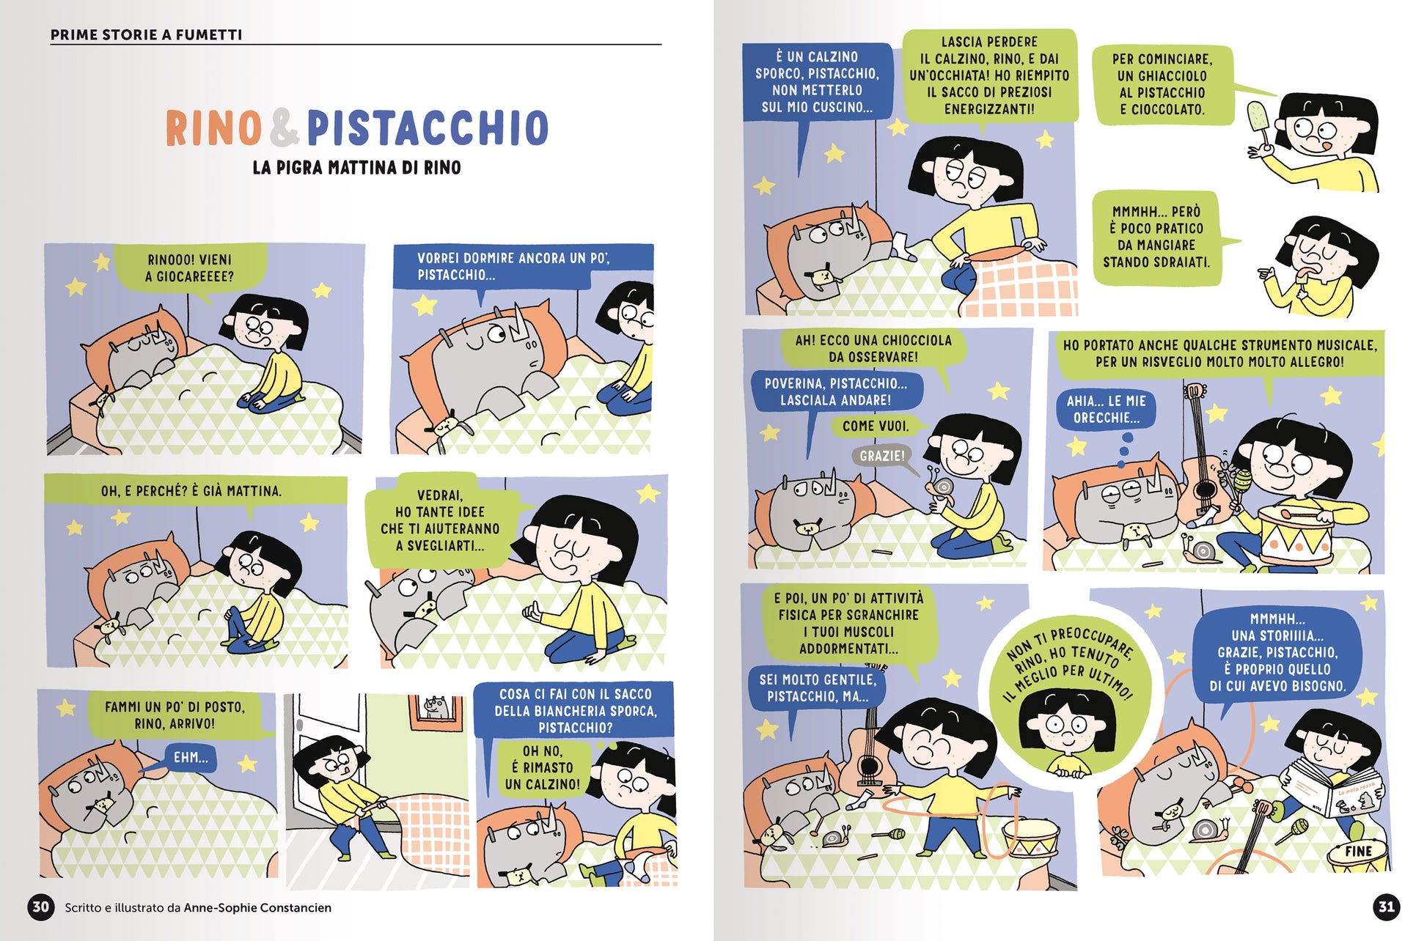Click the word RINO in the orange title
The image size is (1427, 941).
pos(213,128)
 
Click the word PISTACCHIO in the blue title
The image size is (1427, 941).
pos(428,128)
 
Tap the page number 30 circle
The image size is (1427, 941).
pos(40,907)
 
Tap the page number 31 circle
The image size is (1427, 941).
pos(1386,907)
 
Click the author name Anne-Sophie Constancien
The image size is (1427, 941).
pos(257,907)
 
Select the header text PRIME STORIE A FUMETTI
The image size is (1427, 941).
pos(146,34)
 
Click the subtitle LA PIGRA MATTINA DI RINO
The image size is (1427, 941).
pos(356,168)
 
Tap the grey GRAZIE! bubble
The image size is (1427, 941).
pos(882,456)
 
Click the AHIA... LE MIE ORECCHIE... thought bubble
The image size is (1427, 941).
pos(1107,410)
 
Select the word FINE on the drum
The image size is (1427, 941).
pos(1358,852)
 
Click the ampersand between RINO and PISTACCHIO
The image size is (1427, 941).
pos(285,128)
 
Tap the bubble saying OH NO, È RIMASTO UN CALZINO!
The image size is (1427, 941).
pos(543,767)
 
